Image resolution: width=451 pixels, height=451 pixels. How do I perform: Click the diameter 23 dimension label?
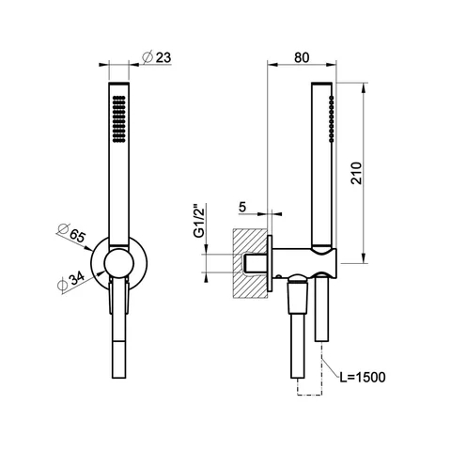(x=157, y=57)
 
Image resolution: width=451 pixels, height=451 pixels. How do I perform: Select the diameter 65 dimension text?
(x=71, y=233)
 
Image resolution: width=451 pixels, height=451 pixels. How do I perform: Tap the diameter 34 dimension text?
(x=71, y=281)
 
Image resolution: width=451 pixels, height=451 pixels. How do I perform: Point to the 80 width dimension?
(x=302, y=57)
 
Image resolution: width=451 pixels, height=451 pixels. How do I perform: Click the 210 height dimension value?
(x=356, y=173)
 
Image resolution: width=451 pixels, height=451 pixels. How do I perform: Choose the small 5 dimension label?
(x=242, y=207)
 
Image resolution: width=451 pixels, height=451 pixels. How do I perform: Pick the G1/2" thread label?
(x=199, y=221)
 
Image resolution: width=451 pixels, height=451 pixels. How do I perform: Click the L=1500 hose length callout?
(x=363, y=377)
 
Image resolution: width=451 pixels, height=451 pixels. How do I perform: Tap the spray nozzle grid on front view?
(x=118, y=119)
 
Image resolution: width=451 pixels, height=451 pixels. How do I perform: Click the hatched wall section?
(x=250, y=263)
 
